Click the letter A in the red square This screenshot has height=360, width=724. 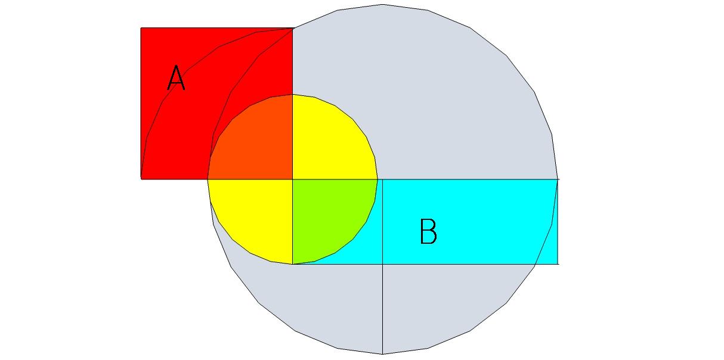[176, 78]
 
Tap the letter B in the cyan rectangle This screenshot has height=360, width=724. [428, 232]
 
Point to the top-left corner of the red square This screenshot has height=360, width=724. [141, 28]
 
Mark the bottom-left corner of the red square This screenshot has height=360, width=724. [141, 178]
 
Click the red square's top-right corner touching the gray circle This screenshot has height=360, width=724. [292, 28]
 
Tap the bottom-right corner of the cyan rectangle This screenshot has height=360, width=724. [558, 263]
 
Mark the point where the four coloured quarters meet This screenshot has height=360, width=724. [292, 179]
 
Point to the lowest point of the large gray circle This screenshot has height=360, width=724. [382, 353]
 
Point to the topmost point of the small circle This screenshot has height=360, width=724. [292, 94]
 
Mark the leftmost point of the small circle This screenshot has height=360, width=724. [208, 179]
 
